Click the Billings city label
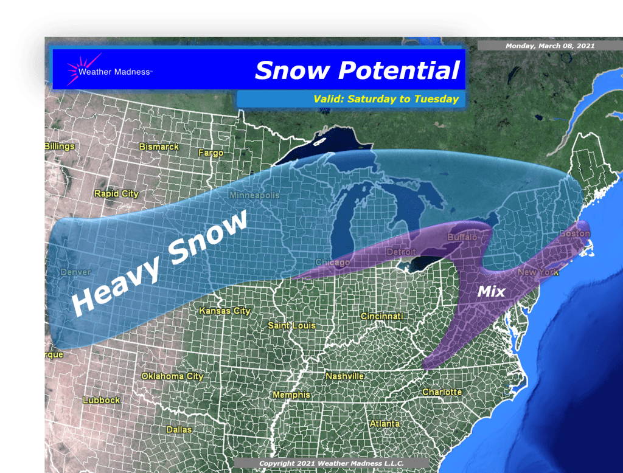[x=60, y=147]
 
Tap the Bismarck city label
[x=159, y=147]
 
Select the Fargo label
[x=211, y=153]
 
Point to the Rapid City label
[x=116, y=194]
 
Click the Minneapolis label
[x=254, y=196]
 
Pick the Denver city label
[x=76, y=272]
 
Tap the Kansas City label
[x=225, y=311]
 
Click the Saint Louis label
[x=291, y=326]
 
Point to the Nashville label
[x=344, y=376]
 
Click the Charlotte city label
[x=442, y=392]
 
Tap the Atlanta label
[x=385, y=423]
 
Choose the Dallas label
[x=179, y=430]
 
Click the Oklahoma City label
[x=172, y=376]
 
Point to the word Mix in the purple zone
[x=491, y=292]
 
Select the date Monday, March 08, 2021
[x=550, y=46]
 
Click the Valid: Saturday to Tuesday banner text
[x=386, y=99]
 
